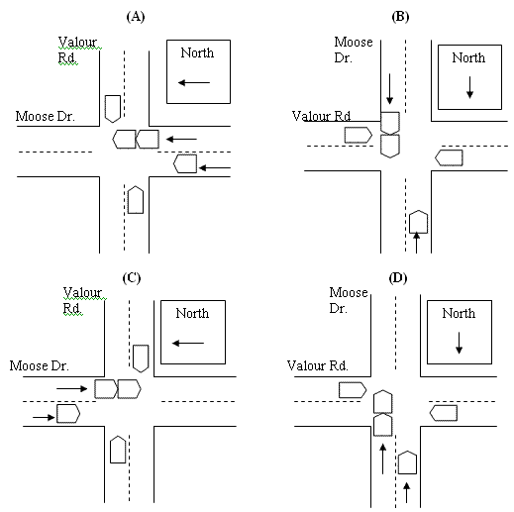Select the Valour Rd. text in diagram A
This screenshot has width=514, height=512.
click(76, 51)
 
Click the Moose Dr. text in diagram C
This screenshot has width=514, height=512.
click(37, 365)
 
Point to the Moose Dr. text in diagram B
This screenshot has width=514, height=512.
click(354, 50)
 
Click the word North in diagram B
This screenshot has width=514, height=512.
click(469, 57)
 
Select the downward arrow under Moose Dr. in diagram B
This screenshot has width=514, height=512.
click(390, 90)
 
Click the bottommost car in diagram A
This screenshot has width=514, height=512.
click(136, 199)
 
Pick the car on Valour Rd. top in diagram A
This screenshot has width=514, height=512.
click(112, 106)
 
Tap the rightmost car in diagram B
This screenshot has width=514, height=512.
click(450, 156)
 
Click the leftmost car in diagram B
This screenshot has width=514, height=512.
click(358, 135)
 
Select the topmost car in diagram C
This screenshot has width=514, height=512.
click(141, 357)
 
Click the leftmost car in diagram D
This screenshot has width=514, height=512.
click(353, 389)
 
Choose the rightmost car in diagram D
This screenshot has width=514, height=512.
click(445, 411)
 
